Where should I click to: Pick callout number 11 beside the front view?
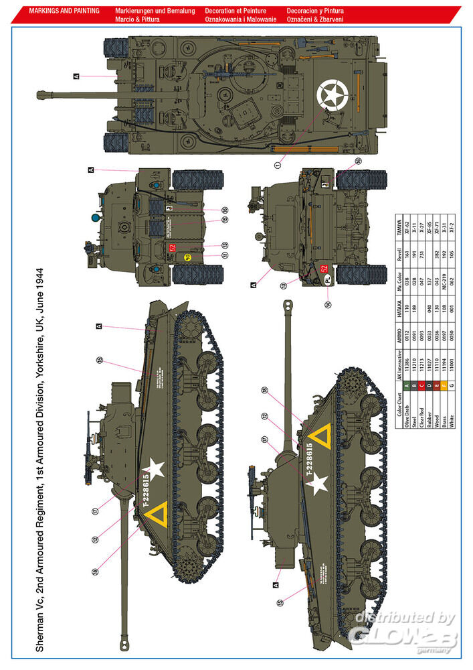[x=226, y=255]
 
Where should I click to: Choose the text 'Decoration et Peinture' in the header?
[x=235, y=11]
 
